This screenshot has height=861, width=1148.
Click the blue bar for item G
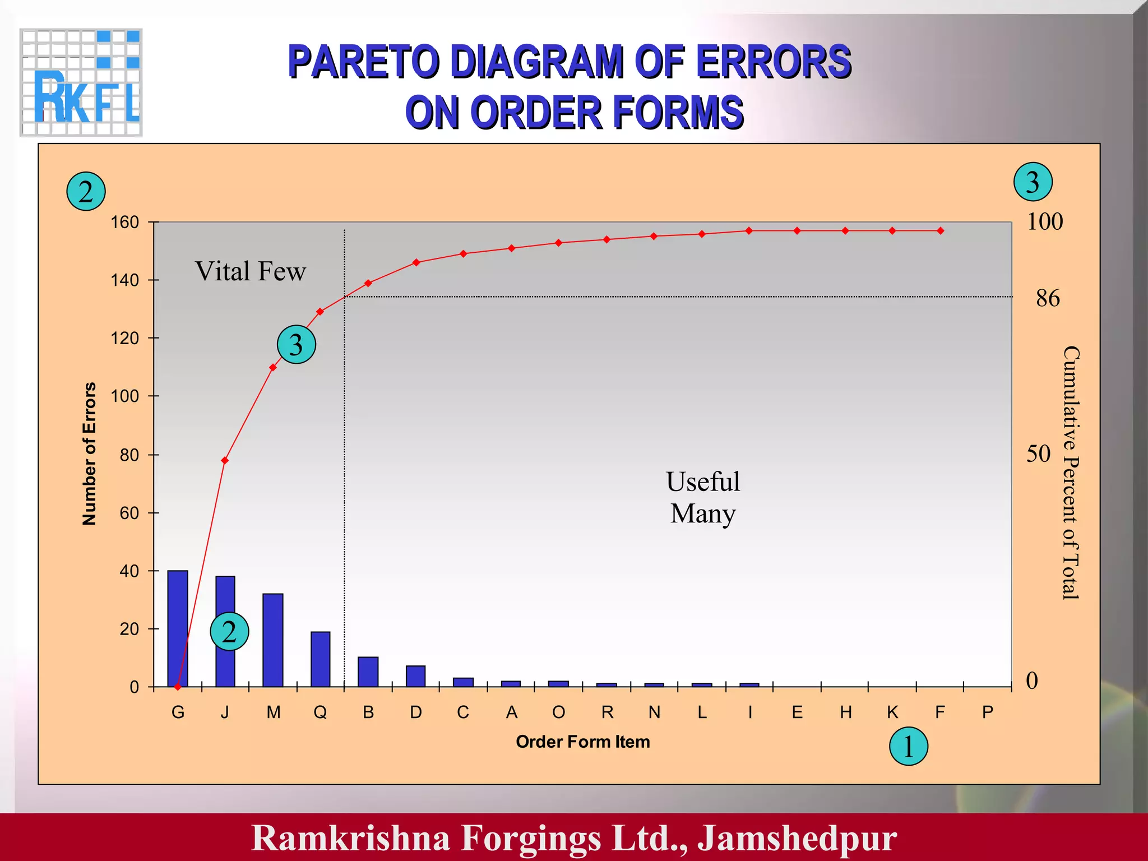[x=178, y=628]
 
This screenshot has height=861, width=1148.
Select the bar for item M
[x=273, y=640]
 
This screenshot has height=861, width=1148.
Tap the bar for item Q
[x=320, y=659]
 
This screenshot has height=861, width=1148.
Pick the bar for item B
[x=368, y=672]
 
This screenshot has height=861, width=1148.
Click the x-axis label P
[x=988, y=712]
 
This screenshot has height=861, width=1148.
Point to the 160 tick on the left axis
[x=125, y=223]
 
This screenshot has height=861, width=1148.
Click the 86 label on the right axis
[x=1047, y=298]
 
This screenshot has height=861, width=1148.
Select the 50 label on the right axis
[x=1038, y=453]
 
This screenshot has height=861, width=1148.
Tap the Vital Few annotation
[x=250, y=271]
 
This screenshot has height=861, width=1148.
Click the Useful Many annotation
[x=703, y=497]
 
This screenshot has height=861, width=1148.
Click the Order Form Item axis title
[x=582, y=742]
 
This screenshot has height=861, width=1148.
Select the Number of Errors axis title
[x=90, y=453]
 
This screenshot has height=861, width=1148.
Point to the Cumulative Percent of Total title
[x=1071, y=473]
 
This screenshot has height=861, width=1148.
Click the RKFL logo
[x=81, y=82]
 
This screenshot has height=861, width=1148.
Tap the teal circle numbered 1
[x=908, y=746]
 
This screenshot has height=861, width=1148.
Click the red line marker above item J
[x=225, y=461]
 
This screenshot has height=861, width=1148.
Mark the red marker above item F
[x=940, y=231]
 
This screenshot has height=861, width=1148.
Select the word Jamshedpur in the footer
[x=797, y=837]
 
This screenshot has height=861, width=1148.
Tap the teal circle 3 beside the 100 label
[x=1033, y=182]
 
